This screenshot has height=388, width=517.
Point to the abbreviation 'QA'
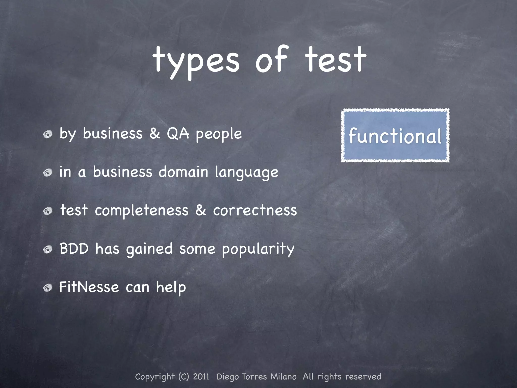(x=178, y=133)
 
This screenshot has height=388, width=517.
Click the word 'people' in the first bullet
(x=219, y=134)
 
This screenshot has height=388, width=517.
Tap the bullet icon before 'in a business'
(x=47, y=173)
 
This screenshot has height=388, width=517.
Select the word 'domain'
(x=183, y=172)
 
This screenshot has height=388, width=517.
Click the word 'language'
(x=246, y=173)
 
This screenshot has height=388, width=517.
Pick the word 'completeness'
(x=142, y=211)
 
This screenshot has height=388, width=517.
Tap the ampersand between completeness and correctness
(x=201, y=210)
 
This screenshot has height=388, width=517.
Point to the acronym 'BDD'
(x=74, y=249)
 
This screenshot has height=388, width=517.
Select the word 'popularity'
(x=258, y=249)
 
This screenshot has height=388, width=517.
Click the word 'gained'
(x=149, y=249)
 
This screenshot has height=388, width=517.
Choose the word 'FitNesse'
(x=89, y=287)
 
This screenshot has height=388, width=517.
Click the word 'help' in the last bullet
(x=171, y=287)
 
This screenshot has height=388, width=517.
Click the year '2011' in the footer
(x=201, y=377)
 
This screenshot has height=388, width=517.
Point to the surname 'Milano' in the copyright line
(x=283, y=377)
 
